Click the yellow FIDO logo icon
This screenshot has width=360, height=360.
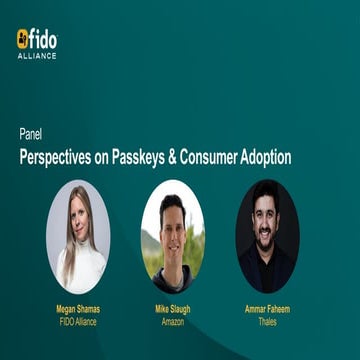[x=23, y=39]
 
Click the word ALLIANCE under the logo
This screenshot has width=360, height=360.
[x=37, y=56]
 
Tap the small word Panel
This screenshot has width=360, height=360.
[x=30, y=132]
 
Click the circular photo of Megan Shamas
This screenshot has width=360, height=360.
[x=78, y=236]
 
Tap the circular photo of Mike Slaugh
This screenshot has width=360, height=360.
[x=172, y=236]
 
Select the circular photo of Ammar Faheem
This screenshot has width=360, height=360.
[x=267, y=236]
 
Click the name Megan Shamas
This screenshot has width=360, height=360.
[x=78, y=311]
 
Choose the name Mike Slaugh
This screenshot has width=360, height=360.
[x=172, y=311]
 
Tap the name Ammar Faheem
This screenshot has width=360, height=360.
[x=267, y=311]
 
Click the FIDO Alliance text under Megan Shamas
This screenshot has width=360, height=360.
[x=78, y=323]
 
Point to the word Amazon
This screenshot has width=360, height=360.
[x=172, y=323]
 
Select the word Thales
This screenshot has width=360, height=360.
[x=267, y=323]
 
